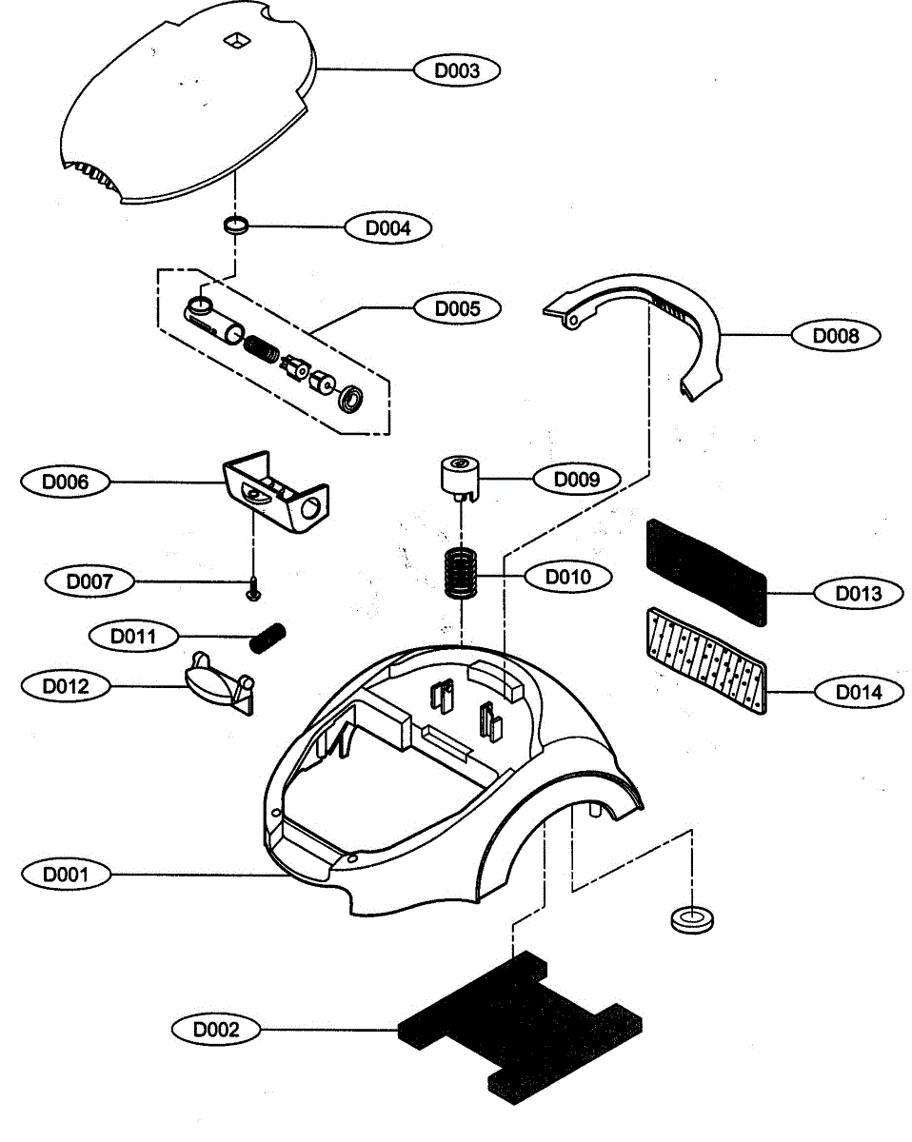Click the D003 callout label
pyautogui.click(x=457, y=70)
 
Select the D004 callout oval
pyautogui.click(x=388, y=228)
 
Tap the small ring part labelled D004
pyautogui.click(x=236, y=225)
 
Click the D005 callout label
pyautogui.click(x=457, y=308)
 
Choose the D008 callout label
pyautogui.click(x=836, y=335)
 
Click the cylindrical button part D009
pyautogui.click(x=460, y=477)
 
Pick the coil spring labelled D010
pyautogui.click(x=461, y=573)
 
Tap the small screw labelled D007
pyautogui.click(x=254, y=590)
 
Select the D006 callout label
pyautogui.click(x=66, y=482)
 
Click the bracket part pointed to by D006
pyautogui.click(x=276, y=491)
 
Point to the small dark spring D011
pyautogui.click(x=268, y=638)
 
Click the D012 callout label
pyautogui.click(x=66, y=686)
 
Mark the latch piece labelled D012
pyautogui.click(x=219, y=684)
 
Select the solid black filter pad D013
pyautogui.click(x=706, y=573)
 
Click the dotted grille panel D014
pyautogui.click(x=706, y=660)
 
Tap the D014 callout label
pyautogui.click(x=859, y=692)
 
